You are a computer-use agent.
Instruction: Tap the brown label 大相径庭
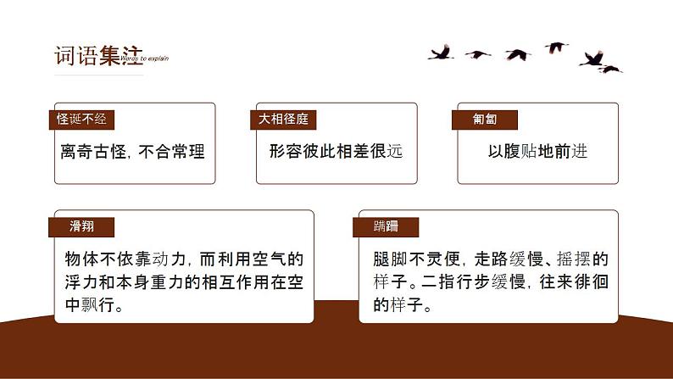[284, 120]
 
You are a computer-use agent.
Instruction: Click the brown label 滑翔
[82, 226]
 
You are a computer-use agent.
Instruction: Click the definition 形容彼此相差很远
[335, 152]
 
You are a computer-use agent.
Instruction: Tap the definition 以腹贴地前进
[537, 152]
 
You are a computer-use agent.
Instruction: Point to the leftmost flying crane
[440, 53]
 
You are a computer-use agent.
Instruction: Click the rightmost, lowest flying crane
[610, 69]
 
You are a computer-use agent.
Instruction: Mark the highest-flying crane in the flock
[555, 47]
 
